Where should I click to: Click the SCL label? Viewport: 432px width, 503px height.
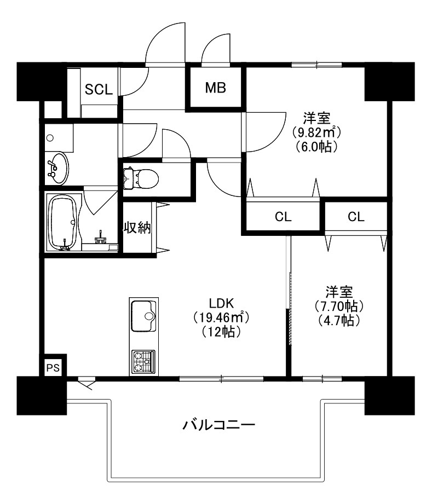[x=99, y=89]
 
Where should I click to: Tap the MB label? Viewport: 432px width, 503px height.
[x=216, y=88]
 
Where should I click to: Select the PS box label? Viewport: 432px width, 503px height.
[x=52, y=368]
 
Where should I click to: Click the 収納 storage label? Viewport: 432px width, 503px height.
[x=136, y=228]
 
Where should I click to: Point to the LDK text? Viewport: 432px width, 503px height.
[x=221, y=303]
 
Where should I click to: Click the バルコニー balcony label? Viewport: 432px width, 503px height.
[x=219, y=425]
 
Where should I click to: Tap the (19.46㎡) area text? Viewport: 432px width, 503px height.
[x=219, y=317]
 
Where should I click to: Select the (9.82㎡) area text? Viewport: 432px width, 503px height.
[x=316, y=132]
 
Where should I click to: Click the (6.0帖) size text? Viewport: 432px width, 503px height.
[x=316, y=147]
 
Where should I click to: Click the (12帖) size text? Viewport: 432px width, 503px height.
[x=221, y=331]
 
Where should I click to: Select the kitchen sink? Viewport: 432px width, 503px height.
[x=143, y=316]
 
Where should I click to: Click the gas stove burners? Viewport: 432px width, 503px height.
[x=143, y=361]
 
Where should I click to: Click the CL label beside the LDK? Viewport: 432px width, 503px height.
[x=283, y=217]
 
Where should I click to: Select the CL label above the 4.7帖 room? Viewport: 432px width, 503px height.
[x=355, y=217]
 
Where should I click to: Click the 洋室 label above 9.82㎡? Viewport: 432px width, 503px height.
[x=316, y=117]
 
